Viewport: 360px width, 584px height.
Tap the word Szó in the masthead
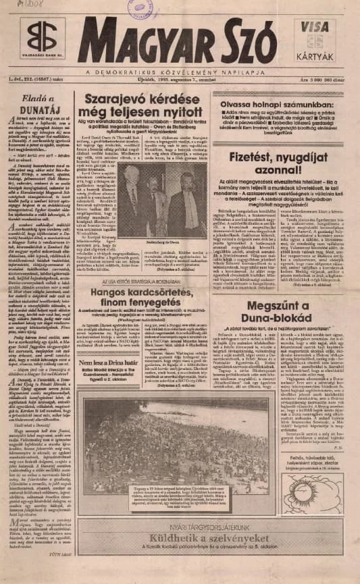coord(250,41)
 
